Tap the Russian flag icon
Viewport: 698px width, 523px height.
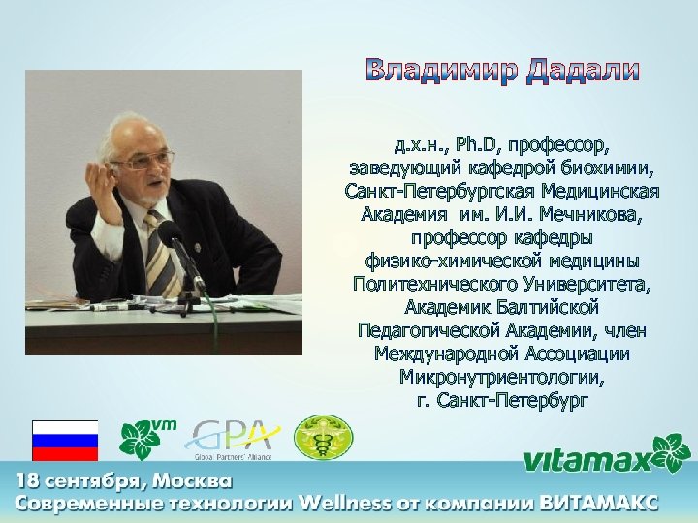[x=65, y=441]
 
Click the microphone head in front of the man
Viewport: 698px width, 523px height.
[x=169, y=231]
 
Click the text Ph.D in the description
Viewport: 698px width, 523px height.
[x=475, y=146]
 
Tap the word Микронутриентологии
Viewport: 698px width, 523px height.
[x=501, y=376]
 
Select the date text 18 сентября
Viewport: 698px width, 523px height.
[x=69, y=481]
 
